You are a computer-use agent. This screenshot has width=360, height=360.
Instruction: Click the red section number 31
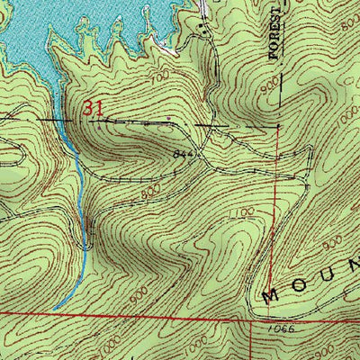(93, 107)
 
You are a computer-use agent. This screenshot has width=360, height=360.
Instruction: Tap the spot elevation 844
(184, 154)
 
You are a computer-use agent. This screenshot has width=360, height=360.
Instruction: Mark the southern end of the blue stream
(53, 309)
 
